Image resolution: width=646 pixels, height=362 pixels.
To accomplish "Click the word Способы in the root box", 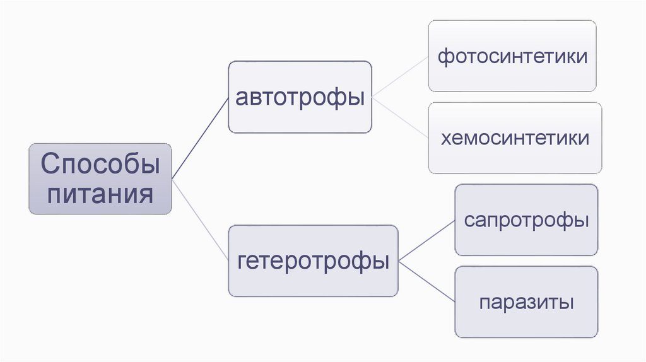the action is pyautogui.click(x=100, y=165).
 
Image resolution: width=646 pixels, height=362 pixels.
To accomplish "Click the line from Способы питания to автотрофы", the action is pyautogui.click(x=200, y=137).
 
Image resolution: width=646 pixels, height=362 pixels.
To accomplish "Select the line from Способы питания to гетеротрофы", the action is pyautogui.click(x=200, y=220).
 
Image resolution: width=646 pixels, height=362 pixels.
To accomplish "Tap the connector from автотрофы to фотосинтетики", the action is pyautogui.click(x=400, y=76).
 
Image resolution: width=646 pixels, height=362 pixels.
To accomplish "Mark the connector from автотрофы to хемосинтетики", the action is pyautogui.click(x=400, y=117).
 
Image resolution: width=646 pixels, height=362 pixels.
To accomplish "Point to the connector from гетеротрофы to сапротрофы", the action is pyautogui.click(x=426, y=239).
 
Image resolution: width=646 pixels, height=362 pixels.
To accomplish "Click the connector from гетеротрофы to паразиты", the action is pyautogui.click(x=426, y=279).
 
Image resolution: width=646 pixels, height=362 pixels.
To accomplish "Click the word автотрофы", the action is pyautogui.click(x=300, y=98).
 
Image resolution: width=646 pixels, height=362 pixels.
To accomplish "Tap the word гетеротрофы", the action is pyautogui.click(x=313, y=260).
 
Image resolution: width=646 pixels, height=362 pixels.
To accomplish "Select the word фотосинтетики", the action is pyautogui.click(x=512, y=57).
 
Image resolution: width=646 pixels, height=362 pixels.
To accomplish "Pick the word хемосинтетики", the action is pyautogui.click(x=515, y=137).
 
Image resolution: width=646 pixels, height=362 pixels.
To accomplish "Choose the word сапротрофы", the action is pyautogui.click(x=526, y=220).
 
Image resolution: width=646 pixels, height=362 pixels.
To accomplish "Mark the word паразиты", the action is pyautogui.click(x=526, y=301).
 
